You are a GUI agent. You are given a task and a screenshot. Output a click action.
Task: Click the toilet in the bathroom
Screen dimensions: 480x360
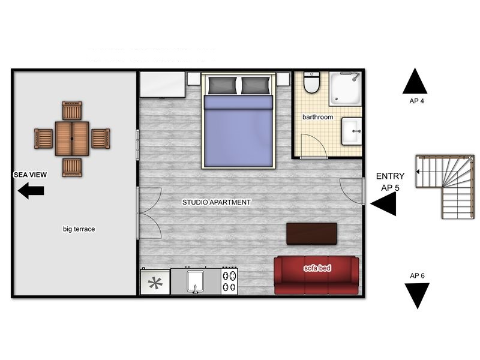[x=311, y=82]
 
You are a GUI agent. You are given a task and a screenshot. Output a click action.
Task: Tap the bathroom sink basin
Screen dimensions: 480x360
[x=352, y=131]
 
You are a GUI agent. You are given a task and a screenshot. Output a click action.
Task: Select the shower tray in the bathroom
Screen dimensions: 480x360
[x=346, y=89]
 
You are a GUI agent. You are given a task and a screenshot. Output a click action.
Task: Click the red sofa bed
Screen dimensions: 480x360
[x=317, y=275]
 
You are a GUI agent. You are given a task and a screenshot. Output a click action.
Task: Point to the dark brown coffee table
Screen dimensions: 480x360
[x=311, y=233]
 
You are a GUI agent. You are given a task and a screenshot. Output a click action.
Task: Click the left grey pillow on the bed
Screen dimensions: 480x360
[x=223, y=85]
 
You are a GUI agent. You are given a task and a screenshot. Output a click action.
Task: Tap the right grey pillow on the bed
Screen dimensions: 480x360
[x=256, y=85]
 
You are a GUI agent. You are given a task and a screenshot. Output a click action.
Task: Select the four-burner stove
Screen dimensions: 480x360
[x=230, y=281]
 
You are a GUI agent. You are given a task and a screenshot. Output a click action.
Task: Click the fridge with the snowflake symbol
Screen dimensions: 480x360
[x=155, y=281]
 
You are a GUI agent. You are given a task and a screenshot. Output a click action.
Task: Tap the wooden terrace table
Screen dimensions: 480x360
[x=72, y=139]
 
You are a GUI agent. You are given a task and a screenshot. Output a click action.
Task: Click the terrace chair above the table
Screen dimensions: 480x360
[x=72, y=111]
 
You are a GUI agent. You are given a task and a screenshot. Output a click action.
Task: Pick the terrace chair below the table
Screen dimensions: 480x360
[x=72, y=167]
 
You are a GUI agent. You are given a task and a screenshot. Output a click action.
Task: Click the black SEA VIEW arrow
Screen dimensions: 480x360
[x=31, y=191]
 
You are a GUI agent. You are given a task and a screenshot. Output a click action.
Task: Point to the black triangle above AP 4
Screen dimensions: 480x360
[x=415, y=81]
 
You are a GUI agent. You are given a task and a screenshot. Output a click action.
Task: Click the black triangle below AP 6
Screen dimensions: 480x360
[x=417, y=296]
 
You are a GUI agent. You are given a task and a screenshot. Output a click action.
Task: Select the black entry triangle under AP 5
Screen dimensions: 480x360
[x=383, y=203]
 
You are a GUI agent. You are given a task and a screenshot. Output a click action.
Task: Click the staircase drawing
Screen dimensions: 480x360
[x=445, y=187]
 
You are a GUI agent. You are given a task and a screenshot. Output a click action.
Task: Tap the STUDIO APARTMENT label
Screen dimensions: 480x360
[x=217, y=202]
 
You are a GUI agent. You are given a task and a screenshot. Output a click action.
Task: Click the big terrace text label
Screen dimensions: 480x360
[x=79, y=229]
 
